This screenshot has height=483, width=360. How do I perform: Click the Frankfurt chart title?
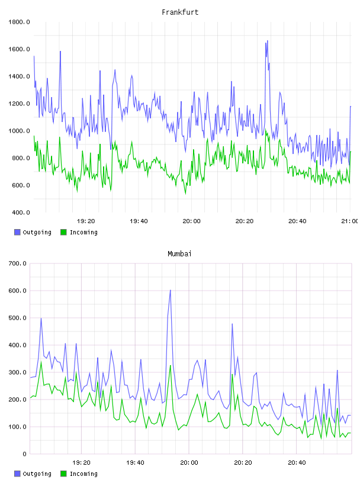180,12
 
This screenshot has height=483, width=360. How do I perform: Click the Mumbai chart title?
179,254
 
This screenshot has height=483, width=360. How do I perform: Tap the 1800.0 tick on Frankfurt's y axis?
19,22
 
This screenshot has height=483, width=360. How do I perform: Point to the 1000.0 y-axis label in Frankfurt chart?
19,131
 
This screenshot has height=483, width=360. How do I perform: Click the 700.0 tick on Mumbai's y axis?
17,263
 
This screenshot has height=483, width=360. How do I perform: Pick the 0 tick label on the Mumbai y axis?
25,454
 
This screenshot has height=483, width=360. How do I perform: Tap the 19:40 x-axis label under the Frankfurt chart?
139,221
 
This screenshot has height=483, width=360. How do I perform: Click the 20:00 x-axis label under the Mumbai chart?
189,463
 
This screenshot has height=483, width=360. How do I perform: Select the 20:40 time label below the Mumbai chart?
297,463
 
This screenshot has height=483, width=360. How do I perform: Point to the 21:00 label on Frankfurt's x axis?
350,221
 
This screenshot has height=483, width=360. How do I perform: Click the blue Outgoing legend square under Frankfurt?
17,232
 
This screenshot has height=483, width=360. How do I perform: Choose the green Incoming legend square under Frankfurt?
63,232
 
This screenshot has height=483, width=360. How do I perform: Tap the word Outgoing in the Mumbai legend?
37,474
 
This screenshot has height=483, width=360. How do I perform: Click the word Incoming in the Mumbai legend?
83,474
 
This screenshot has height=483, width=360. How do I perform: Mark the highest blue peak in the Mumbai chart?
170,290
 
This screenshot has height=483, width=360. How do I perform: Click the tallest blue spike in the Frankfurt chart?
267,41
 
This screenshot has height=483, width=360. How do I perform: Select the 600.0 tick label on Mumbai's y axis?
17,291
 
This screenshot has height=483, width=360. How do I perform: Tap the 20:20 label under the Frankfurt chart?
245,221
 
